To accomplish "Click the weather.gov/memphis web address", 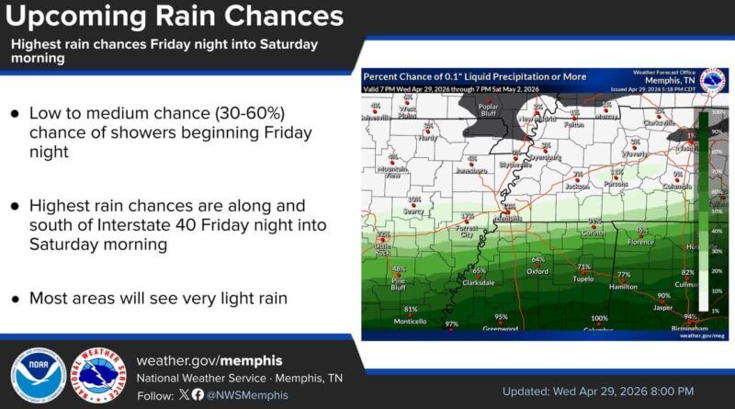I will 209,360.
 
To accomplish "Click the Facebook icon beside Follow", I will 198,394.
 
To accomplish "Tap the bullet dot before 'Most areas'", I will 15,298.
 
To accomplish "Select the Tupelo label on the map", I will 583,278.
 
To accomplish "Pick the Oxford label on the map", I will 537,272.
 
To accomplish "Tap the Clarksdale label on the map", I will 478,283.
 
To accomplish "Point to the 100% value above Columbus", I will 599,319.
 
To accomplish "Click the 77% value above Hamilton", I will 624,275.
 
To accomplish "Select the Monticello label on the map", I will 411,322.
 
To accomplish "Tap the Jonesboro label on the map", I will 471,170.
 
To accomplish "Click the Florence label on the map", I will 640,242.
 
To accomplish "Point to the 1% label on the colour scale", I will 715,312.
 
